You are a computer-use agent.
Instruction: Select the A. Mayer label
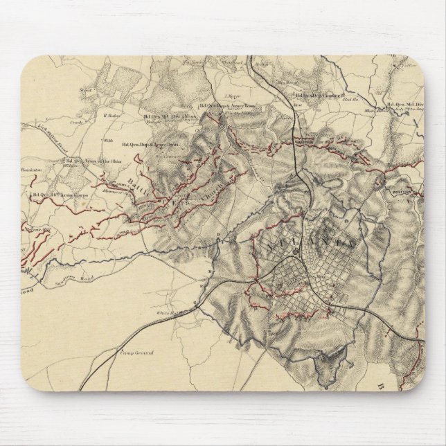tap(232, 88)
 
